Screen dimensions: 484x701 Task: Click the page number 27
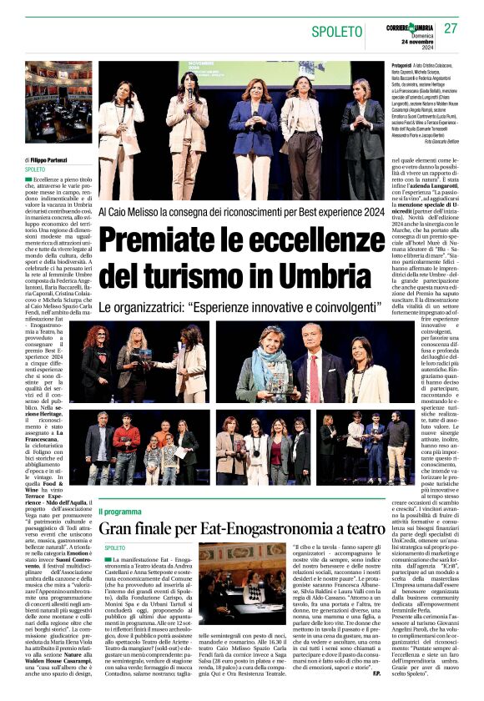(x=451, y=28)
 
